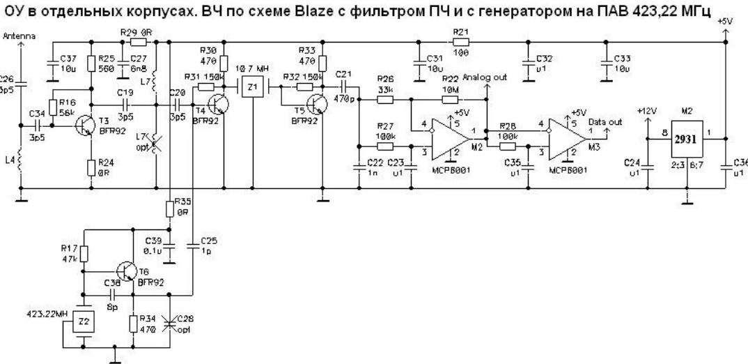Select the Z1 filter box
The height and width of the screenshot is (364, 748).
[253, 88]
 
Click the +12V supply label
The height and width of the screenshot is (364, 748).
[647, 110]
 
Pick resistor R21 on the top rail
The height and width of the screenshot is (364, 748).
[460, 42]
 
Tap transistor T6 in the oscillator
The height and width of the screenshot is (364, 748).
[127, 271]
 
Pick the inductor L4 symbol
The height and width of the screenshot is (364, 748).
[21, 163]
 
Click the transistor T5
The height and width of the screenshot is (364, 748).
[318, 103]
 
